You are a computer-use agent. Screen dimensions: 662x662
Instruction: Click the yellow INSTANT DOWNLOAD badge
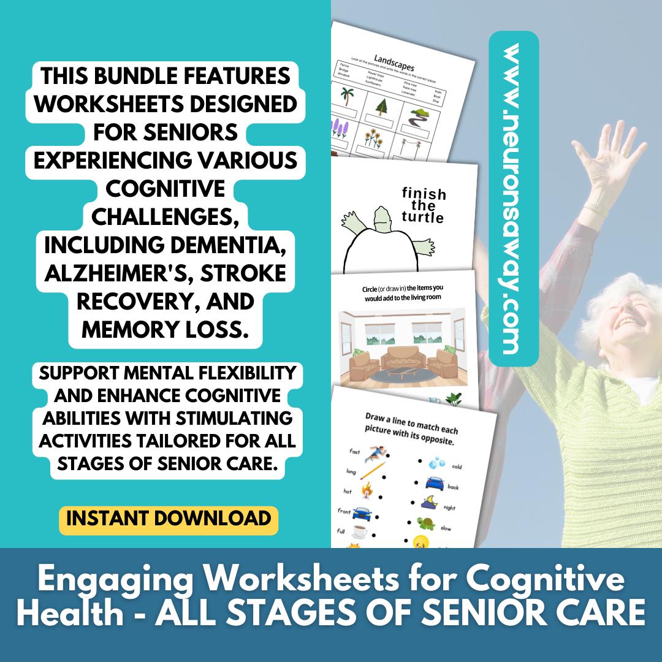169,518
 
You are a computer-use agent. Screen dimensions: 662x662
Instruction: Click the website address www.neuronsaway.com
514,199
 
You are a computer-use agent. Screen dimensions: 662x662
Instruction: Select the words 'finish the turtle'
423,205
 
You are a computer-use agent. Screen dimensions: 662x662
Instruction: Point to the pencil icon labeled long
370,473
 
